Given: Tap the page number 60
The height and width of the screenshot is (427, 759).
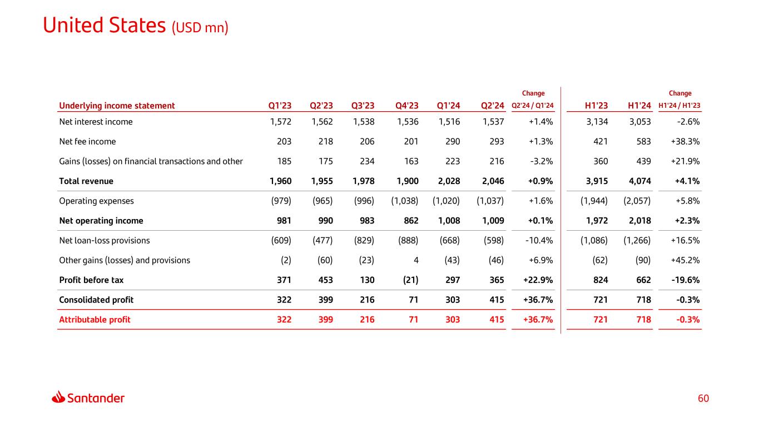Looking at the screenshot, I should [x=704, y=398].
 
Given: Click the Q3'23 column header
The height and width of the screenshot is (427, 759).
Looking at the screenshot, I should [x=363, y=106].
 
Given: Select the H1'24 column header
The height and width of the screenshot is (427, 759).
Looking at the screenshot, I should [x=639, y=106].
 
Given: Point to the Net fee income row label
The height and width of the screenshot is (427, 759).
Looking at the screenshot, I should [x=87, y=142].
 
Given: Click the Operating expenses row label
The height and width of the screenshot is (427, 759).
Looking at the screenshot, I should [x=96, y=201].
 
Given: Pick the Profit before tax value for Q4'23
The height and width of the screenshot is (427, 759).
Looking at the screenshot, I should [x=409, y=280].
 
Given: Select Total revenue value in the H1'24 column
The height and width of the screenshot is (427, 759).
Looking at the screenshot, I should [x=640, y=181].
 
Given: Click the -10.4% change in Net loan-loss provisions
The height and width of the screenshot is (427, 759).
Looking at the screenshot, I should [x=539, y=241].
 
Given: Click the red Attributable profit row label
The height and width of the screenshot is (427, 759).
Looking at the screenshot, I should [x=95, y=320].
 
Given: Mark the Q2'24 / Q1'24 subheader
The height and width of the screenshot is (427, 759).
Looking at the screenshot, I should [x=533, y=106].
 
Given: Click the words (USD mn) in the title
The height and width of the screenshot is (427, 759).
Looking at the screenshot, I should [x=200, y=27].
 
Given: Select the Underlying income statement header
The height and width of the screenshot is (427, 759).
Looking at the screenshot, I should [x=117, y=106].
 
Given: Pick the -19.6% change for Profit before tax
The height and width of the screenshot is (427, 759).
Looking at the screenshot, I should [x=686, y=280].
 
